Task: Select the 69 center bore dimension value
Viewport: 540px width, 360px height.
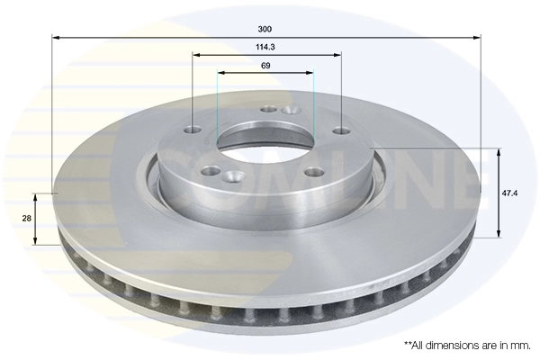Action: [266, 66]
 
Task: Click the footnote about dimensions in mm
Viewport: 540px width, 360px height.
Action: [467, 345]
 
